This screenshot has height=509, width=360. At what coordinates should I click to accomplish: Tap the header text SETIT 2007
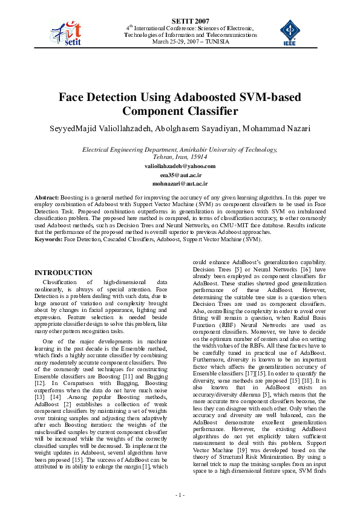pos(180,21)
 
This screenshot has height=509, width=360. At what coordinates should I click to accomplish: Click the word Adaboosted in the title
pos(208,97)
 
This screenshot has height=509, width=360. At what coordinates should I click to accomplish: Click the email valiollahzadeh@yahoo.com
pos(180,166)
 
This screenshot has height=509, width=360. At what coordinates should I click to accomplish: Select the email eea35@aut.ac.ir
pos(180,174)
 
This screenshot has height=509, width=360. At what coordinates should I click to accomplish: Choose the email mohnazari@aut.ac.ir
pos(180,183)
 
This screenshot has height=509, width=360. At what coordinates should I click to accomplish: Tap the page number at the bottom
pos(180,495)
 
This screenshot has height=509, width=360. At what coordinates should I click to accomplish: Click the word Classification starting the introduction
pos(63,282)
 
